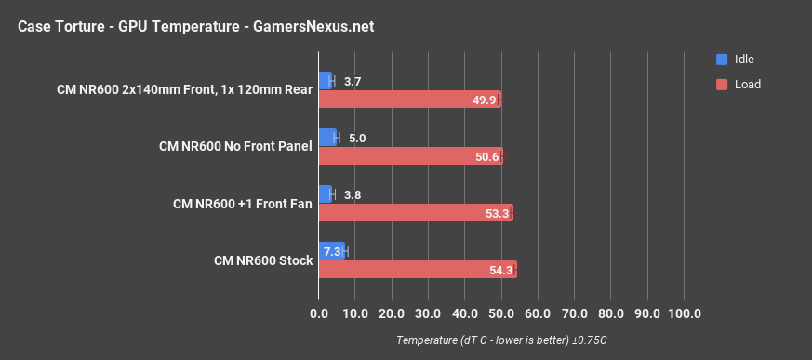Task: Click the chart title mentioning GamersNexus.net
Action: (195, 26)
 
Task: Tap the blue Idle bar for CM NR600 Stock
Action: (331, 251)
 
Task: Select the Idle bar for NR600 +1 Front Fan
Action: (325, 194)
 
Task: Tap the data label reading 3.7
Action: (353, 82)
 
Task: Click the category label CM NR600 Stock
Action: (263, 260)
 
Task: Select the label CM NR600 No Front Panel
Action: (235, 147)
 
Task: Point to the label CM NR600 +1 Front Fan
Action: (243, 204)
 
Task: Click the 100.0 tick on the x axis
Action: (684, 313)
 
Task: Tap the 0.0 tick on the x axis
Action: (319, 313)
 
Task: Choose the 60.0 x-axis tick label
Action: (538, 313)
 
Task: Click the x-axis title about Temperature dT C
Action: (501, 340)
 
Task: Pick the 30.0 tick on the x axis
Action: (428, 313)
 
